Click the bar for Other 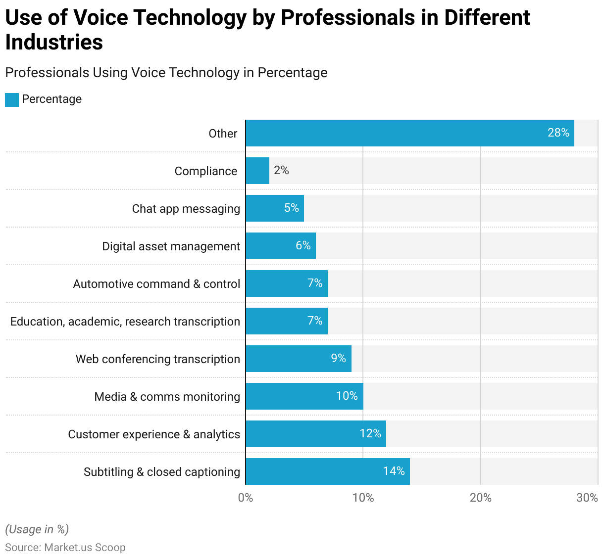tap(409, 133)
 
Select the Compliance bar tap(257, 171)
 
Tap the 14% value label tap(394, 471)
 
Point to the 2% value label tap(281, 170)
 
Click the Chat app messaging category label tap(186, 209)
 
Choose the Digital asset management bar tap(280, 246)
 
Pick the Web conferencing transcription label tap(157, 359)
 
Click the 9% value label tap(338, 358)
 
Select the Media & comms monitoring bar tap(304, 396)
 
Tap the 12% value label tap(370, 433)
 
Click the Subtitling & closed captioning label tap(161, 472)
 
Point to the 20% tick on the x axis tap(480, 498)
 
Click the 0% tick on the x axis tap(246, 498)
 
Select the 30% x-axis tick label tap(587, 498)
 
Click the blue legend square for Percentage tap(12, 99)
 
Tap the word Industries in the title tap(54, 42)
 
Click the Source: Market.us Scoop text tap(65, 548)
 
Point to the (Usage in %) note tap(37, 529)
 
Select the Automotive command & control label tap(156, 284)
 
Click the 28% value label tap(558, 133)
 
